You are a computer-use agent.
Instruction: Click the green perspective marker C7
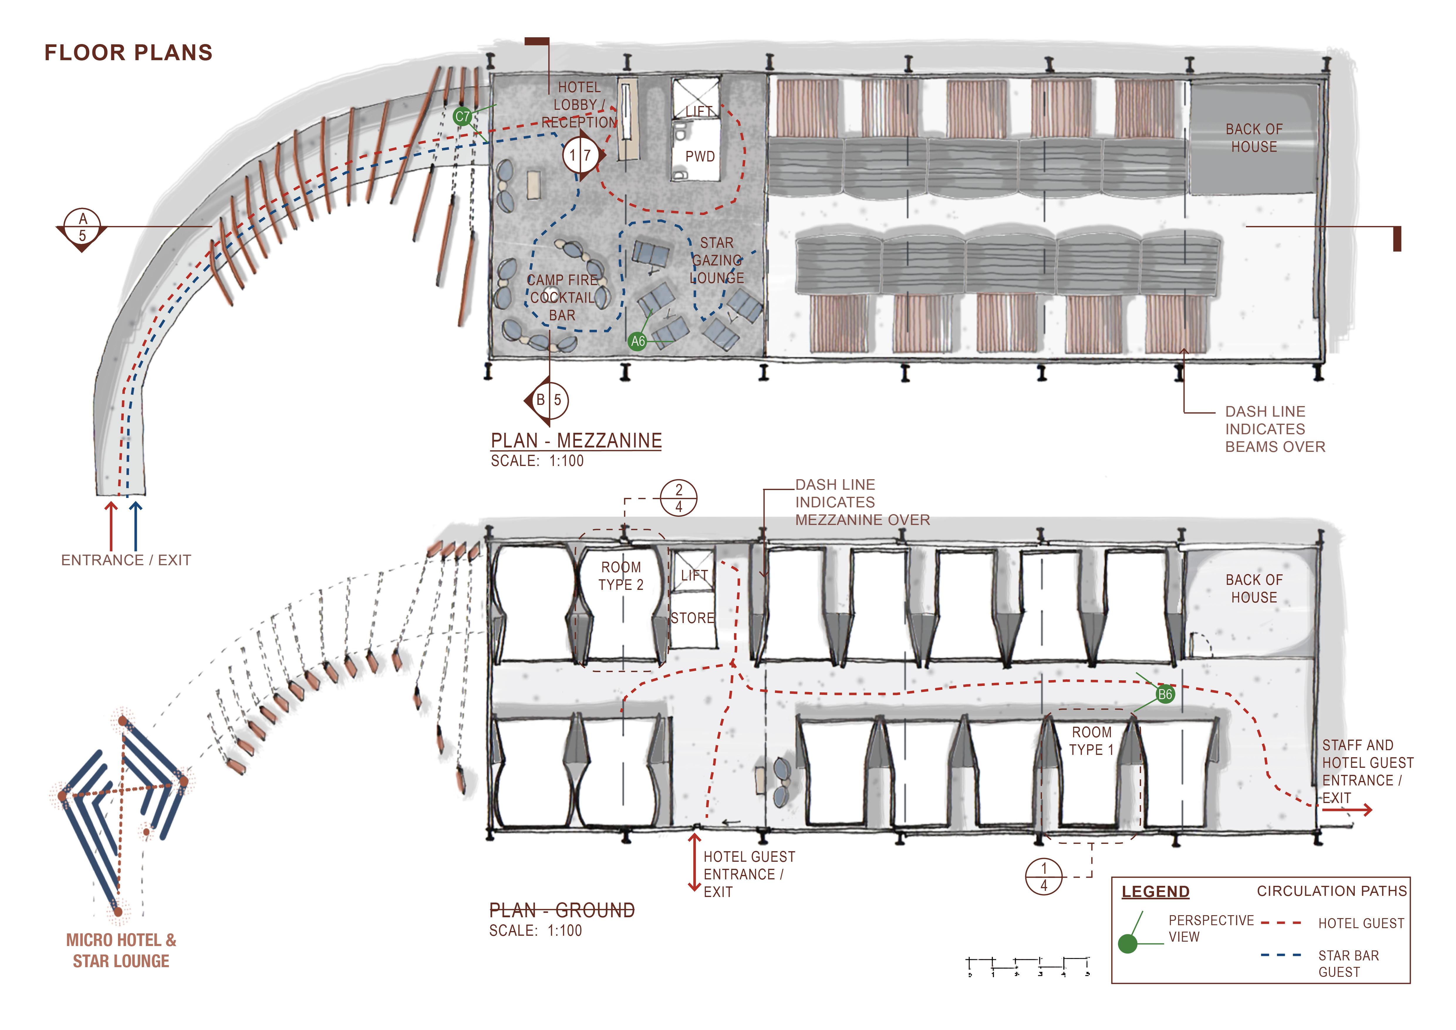(x=462, y=117)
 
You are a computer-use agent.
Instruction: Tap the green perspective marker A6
(x=637, y=341)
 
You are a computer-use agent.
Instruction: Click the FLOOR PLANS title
(x=128, y=53)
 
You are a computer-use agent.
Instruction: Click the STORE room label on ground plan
(x=693, y=618)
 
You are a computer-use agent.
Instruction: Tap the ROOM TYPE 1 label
(x=1091, y=741)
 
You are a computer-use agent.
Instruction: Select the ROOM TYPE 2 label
(x=621, y=576)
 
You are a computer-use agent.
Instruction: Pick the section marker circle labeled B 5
(x=549, y=400)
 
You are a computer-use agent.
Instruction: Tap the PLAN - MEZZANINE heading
(x=576, y=441)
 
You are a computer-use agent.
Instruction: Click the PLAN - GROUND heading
(x=562, y=911)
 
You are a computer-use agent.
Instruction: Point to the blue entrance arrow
(x=135, y=525)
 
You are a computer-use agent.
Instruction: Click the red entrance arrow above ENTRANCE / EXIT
(x=111, y=525)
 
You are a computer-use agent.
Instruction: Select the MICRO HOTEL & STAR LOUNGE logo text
(x=121, y=950)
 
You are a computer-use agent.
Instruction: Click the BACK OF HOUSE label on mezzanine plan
(x=1254, y=138)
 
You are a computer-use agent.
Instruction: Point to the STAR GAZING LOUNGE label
(x=717, y=261)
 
